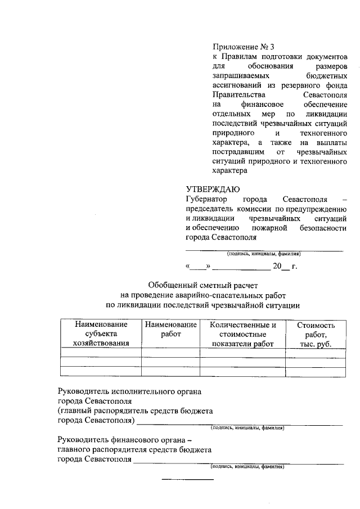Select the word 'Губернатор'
point(206,200)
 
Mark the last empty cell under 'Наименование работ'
point(170,371)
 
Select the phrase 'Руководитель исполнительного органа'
point(129,390)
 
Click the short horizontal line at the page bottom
point(188,479)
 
